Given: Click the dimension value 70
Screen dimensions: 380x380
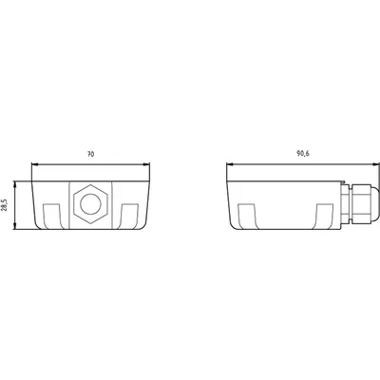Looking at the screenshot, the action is tap(90, 154).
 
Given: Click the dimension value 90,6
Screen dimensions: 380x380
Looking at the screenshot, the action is tap(303, 154).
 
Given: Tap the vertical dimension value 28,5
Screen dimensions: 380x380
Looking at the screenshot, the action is tap(4, 205).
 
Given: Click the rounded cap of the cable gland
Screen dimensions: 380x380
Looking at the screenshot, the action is tap(375, 204).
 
